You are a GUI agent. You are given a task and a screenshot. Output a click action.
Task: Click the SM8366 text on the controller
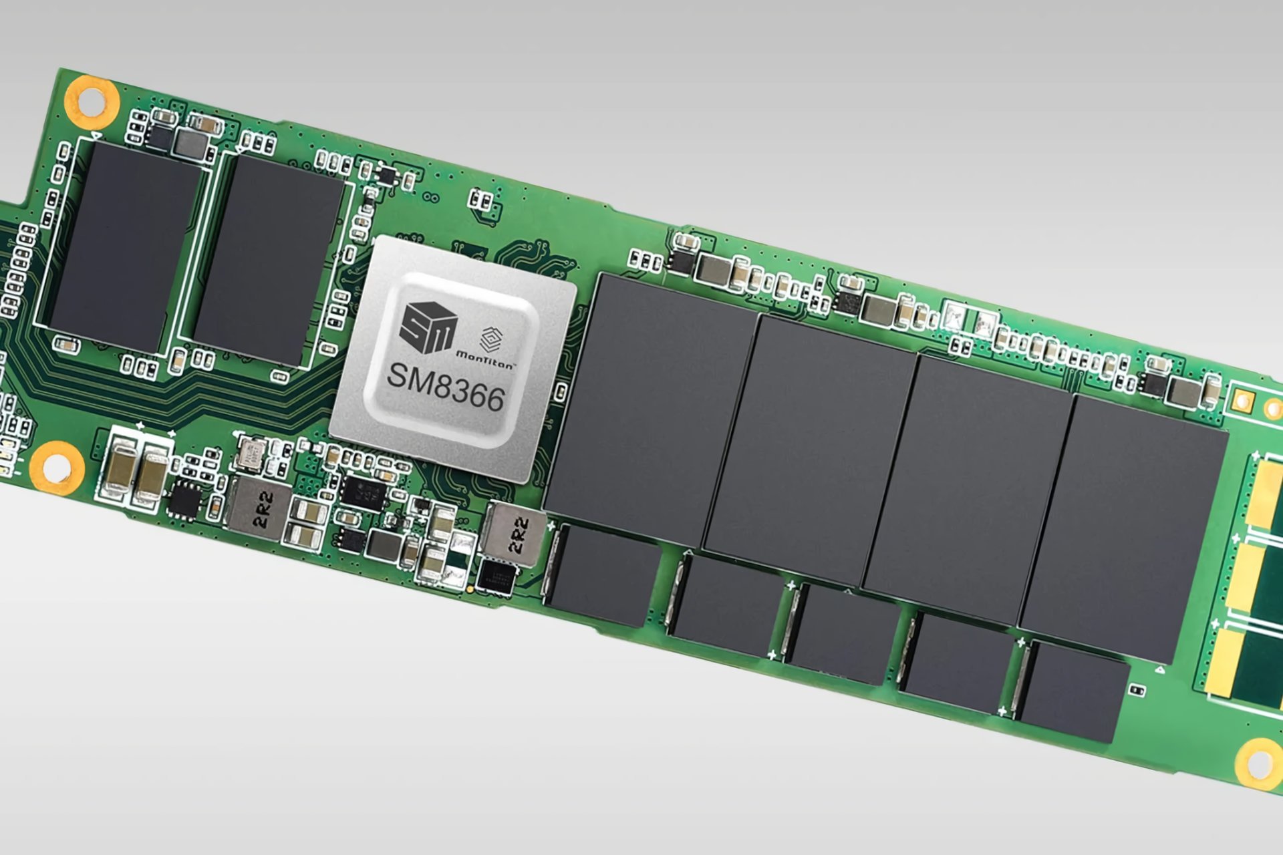(x=445, y=387)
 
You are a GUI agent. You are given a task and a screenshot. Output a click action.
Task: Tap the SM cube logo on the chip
(x=428, y=327)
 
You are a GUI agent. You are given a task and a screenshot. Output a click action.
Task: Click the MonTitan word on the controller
(x=484, y=358)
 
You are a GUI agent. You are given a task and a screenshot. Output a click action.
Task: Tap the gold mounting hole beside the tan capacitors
(x=56, y=464)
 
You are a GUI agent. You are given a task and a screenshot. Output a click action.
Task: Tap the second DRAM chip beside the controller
(x=268, y=261)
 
